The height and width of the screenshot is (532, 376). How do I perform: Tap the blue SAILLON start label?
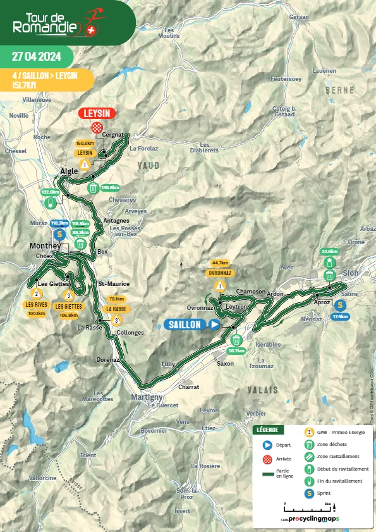pos(185,325)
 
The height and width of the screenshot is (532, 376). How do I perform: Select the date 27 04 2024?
pos(36,55)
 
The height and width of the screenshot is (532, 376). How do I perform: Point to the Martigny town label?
pos(146,397)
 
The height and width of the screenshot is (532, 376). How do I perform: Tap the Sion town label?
pos(351,273)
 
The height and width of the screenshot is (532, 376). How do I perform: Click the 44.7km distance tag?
pos(220,263)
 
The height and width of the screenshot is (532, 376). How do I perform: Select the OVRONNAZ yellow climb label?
pos(219,273)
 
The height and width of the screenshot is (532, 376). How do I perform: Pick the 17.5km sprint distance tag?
pos(340,316)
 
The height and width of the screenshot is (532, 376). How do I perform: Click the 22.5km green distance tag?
pos(330,251)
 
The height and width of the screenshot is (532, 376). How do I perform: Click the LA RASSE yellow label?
pos(117,309)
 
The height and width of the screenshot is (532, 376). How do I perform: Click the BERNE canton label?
pos(340,90)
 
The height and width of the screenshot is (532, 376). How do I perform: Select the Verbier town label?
pos(255,413)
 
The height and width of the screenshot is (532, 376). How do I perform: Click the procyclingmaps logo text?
pos(313,519)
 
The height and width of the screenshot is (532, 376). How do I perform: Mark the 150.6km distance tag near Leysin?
pos(85,144)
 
